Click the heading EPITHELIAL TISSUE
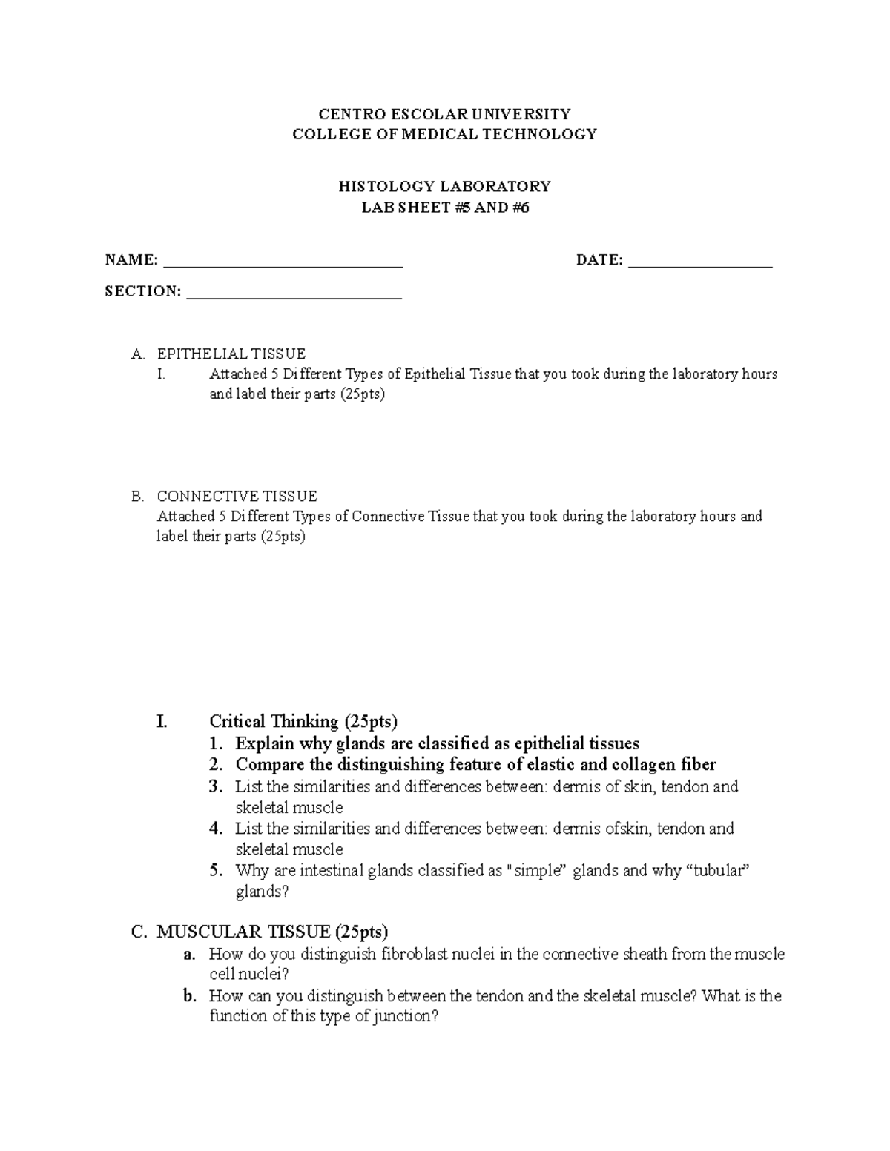click(x=231, y=354)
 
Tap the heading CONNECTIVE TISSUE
click(x=237, y=496)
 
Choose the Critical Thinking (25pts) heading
click(x=303, y=721)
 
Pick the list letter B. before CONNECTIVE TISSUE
click(x=136, y=496)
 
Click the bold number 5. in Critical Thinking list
click(x=216, y=870)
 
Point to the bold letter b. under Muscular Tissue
click(x=190, y=996)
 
